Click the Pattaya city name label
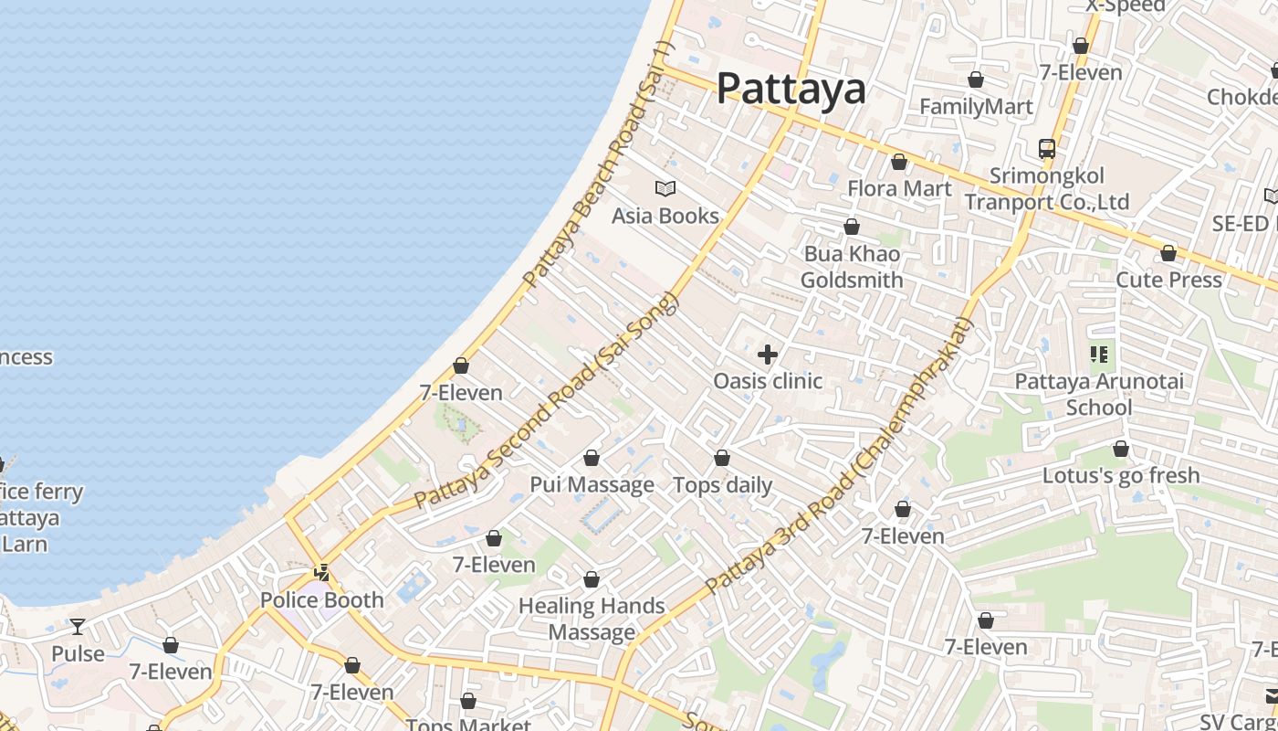click(x=791, y=89)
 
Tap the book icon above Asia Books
click(x=665, y=189)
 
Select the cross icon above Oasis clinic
click(x=768, y=354)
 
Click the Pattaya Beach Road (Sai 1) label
click(x=599, y=164)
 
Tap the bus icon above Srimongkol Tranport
click(x=1047, y=148)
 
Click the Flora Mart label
click(x=899, y=189)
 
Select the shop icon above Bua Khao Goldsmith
click(x=852, y=227)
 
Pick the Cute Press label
click(x=1168, y=280)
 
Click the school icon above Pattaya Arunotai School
click(x=1099, y=354)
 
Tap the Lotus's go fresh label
click(x=1121, y=475)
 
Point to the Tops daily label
click(x=722, y=485)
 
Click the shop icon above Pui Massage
click(x=592, y=458)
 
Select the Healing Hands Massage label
click(x=592, y=619)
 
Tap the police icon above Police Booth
click(x=321, y=573)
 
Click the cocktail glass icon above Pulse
click(x=78, y=627)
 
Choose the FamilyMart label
click(x=976, y=107)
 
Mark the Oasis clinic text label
click(x=768, y=381)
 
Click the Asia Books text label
click(x=665, y=217)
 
